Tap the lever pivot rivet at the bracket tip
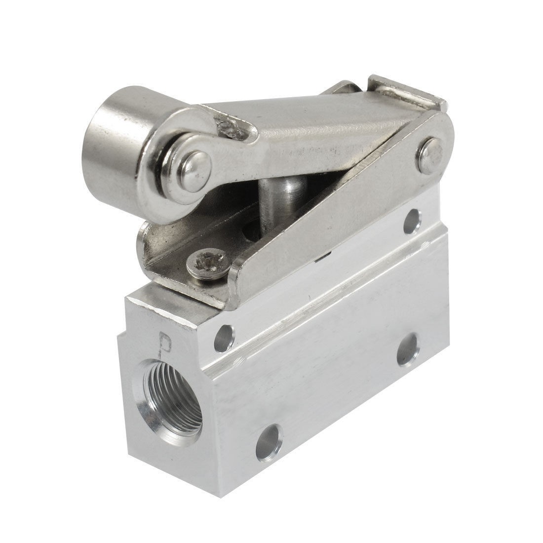tap(433, 152)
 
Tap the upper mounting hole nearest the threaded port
tap(226, 337)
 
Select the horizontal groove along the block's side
tap(346, 291)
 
